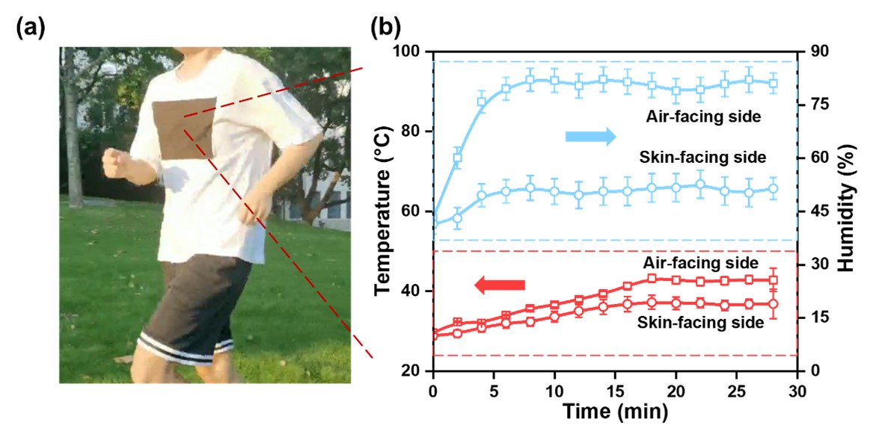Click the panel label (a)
(31, 28)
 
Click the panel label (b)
(386, 28)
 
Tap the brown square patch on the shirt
(184, 128)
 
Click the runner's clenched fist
(115, 162)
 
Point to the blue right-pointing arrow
(590, 136)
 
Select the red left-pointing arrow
(500, 285)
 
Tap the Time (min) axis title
(616, 411)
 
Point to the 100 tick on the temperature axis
(410, 52)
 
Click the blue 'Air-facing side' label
(704, 117)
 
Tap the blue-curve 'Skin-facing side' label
(702, 158)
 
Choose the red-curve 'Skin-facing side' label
(700, 323)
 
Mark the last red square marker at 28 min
(774, 280)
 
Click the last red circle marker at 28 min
(774, 304)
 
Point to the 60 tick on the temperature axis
(414, 211)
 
